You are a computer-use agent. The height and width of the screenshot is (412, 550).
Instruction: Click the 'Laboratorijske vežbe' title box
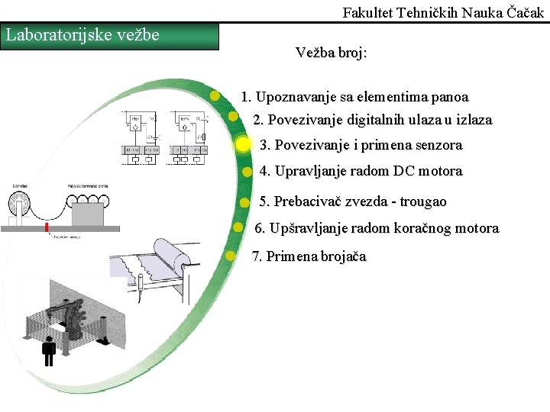[110, 36]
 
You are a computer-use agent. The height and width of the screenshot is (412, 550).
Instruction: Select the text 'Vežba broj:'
[331, 53]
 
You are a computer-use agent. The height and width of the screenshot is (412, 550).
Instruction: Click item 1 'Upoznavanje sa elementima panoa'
[354, 97]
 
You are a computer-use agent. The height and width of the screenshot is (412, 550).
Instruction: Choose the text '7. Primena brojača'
[309, 256]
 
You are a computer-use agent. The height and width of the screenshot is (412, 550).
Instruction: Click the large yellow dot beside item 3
[243, 144]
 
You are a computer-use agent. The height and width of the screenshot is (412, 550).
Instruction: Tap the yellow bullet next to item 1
[216, 96]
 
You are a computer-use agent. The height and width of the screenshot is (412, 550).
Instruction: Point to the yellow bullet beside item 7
[231, 256]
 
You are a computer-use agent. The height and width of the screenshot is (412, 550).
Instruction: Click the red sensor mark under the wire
[47, 228]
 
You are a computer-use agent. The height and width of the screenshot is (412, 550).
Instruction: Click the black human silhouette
[50, 350]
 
